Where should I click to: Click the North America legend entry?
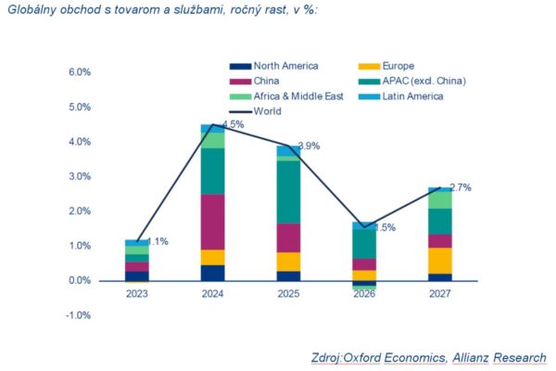pyautogui.click(x=274, y=66)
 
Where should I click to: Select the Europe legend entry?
pyautogui.click(x=386, y=66)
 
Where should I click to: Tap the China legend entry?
pyautogui.click(x=254, y=82)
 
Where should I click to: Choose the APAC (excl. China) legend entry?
pyautogui.click(x=412, y=82)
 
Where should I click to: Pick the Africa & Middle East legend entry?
pyautogui.click(x=286, y=96)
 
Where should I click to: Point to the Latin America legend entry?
pyautogui.click(x=400, y=96)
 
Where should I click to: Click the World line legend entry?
pyautogui.click(x=256, y=111)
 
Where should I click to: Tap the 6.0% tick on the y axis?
pyautogui.click(x=80, y=72)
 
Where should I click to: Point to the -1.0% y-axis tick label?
pyautogui.click(x=79, y=315)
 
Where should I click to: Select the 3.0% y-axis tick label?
pyautogui.click(x=80, y=176)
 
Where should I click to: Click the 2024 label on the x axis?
pyautogui.click(x=213, y=294)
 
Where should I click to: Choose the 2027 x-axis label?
pyautogui.click(x=440, y=294)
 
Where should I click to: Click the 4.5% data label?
pyautogui.click(x=234, y=124)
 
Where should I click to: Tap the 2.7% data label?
pyautogui.click(x=461, y=187)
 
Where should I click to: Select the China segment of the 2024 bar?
pyautogui.click(x=213, y=222)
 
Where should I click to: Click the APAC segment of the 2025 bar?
pyautogui.click(x=288, y=192)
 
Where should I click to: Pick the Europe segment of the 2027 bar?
pyautogui.click(x=440, y=261)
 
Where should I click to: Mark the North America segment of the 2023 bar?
pyautogui.click(x=137, y=276)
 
